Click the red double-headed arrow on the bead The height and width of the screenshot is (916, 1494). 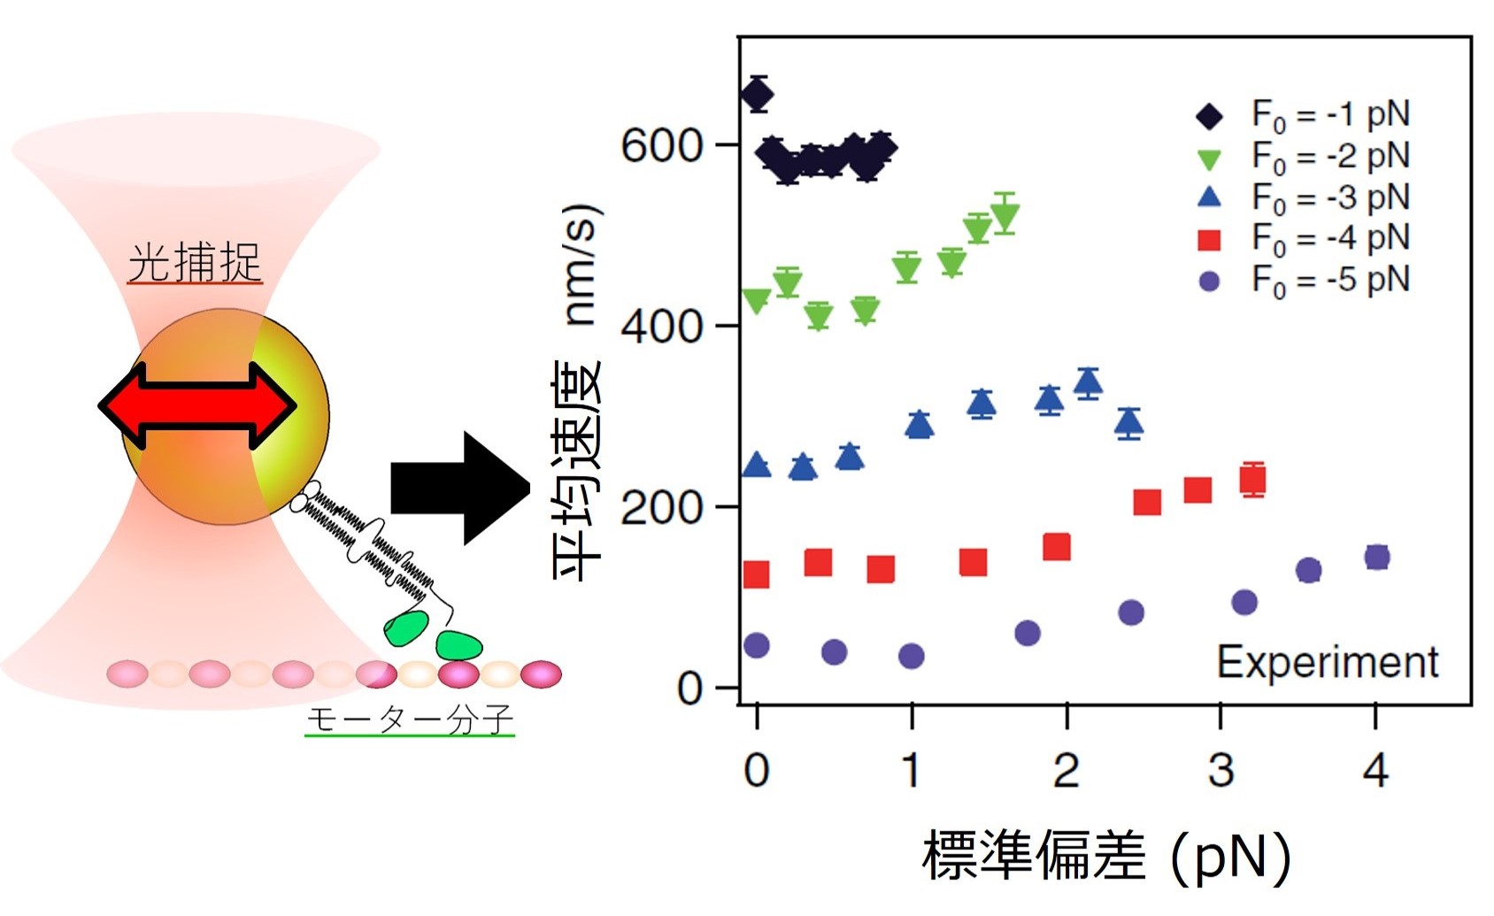coord(197,406)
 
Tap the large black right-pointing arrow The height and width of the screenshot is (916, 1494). coord(459,488)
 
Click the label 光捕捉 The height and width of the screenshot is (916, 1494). coord(195,262)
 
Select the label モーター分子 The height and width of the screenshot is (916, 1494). coord(410,720)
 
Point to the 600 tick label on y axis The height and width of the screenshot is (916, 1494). coord(661,146)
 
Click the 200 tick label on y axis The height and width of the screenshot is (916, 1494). coord(661,508)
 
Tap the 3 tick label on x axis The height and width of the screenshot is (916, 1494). coord(1221,771)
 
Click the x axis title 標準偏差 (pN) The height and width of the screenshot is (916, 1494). coord(1106,857)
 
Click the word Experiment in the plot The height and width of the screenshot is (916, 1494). coord(1327,662)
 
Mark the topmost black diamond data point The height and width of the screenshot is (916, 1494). coord(757,94)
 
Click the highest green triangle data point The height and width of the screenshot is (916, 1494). coord(1005,215)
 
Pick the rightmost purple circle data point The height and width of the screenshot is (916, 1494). coord(1376,558)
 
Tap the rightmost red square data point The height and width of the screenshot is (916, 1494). coord(1252,480)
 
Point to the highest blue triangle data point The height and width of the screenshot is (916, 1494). coord(1088,382)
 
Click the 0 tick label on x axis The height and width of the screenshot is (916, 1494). coord(757,771)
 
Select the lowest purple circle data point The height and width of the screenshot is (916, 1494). coord(911,656)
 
